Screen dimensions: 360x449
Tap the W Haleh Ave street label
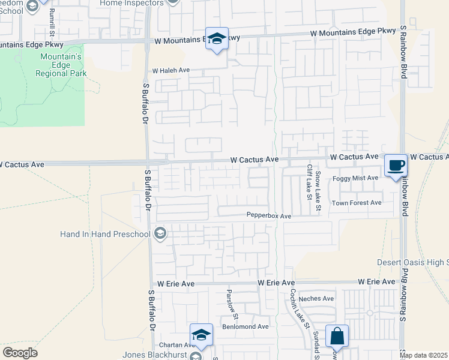[171, 70]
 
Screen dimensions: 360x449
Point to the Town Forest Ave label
[357, 203]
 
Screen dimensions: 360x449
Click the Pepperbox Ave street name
[269, 215]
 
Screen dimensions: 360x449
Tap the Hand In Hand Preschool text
[106, 233]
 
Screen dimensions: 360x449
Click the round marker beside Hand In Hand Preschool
[160, 233]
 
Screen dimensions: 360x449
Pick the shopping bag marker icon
[337, 336]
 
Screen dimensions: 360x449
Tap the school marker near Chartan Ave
[202, 334]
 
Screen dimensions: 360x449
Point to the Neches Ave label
[319, 298]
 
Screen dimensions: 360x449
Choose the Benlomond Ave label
[246, 326]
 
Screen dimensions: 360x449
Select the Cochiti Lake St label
[299, 308]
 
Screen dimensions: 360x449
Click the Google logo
[20, 353]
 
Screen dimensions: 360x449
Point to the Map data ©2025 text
[423, 355]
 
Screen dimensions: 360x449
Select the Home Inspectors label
[131, 3]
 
